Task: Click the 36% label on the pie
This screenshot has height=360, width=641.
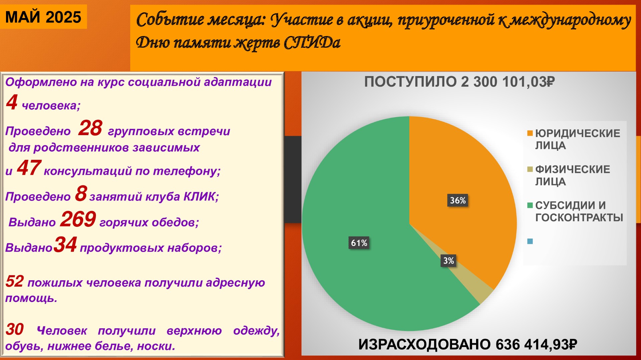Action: (458, 200)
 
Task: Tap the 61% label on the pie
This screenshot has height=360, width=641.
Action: (359, 243)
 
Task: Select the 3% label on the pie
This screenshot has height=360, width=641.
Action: (448, 261)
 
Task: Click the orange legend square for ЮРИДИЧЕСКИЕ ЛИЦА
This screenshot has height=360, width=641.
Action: (530, 133)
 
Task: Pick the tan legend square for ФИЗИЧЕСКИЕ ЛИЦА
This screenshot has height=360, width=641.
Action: (530, 169)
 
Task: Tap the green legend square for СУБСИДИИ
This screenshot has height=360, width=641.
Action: (530, 205)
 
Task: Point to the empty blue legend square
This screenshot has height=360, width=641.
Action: (530, 241)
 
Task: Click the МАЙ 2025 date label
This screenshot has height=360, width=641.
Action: (43, 17)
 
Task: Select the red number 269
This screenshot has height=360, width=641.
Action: (78, 219)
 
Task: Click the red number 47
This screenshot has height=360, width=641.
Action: (29, 168)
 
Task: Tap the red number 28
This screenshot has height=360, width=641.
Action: (90, 128)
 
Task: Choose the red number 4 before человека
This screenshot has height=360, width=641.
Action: (12, 102)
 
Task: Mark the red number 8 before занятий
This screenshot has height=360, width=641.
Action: (81, 194)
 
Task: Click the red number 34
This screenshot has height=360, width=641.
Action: (65, 245)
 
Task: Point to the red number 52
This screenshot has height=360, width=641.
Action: (15, 281)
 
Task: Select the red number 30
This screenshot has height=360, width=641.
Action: (15, 329)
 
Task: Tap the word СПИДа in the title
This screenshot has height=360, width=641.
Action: (312, 43)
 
